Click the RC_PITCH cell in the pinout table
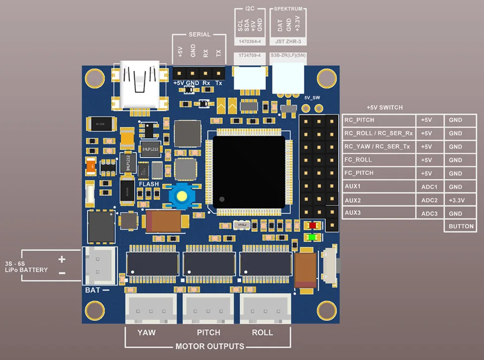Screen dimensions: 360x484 [379, 120]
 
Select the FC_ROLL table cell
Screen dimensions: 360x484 [379, 160]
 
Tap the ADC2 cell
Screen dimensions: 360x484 [430, 201]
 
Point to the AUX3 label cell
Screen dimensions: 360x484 [379, 214]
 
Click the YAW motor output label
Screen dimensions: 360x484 [146, 332]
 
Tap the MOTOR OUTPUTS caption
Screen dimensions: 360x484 [210, 346]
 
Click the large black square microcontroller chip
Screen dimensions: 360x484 [249, 172]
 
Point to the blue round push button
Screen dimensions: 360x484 [182, 196]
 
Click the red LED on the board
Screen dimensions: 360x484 [313, 225]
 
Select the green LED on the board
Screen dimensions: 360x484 [313, 237]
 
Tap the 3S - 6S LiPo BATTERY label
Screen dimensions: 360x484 [26, 267]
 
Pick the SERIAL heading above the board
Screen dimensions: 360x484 [200, 35]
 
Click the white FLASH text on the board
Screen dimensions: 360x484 [149, 184]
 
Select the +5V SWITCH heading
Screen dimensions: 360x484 [384, 107]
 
